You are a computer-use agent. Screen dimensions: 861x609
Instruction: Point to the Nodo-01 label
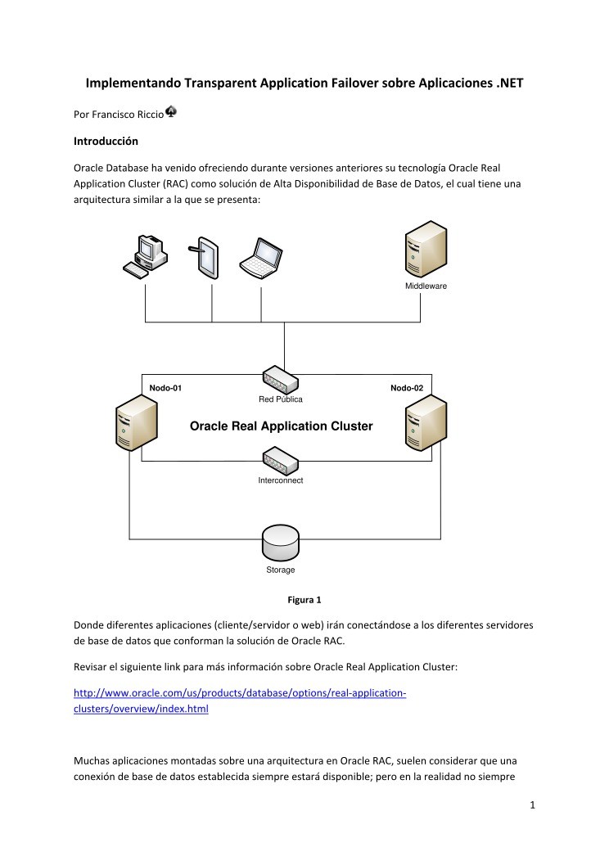pos(165,387)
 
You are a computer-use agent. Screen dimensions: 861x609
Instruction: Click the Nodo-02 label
pos(406,387)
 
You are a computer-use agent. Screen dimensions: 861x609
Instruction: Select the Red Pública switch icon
pos(281,380)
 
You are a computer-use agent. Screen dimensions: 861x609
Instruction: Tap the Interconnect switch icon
pos(281,461)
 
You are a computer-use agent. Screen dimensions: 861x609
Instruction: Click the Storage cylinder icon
pos(281,541)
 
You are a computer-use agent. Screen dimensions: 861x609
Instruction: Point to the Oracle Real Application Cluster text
pos(281,426)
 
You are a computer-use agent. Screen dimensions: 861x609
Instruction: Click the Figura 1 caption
pos(304,600)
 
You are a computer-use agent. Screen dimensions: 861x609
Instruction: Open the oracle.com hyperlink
pos(240,693)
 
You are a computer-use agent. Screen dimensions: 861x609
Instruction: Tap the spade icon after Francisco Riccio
pos(171,111)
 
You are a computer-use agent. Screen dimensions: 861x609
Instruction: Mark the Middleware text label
pos(426,286)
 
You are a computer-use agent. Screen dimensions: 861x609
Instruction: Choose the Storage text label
pos(281,570)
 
